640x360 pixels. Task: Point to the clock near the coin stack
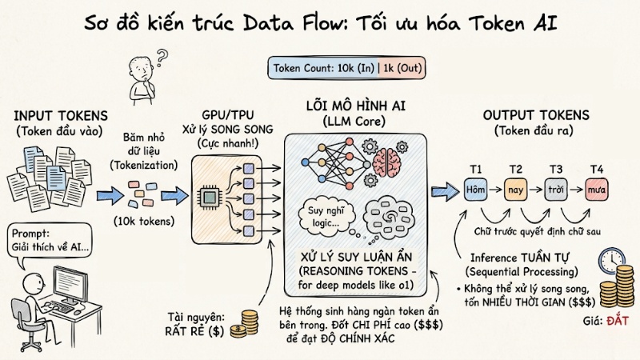[611, 261]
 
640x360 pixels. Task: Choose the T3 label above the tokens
[554, 169]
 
